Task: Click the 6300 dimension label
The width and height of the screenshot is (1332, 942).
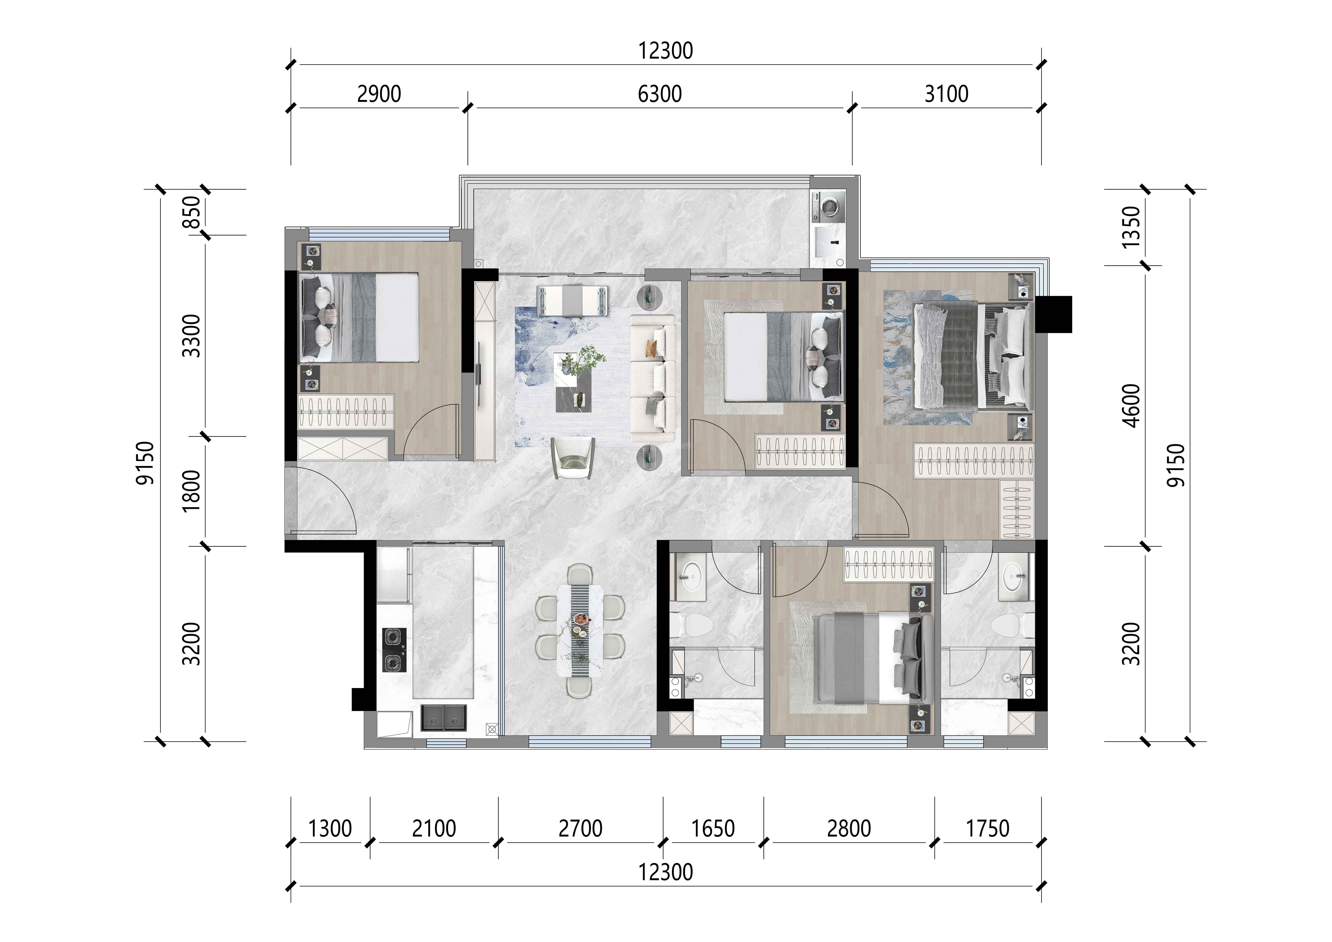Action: click(x=660, y=94)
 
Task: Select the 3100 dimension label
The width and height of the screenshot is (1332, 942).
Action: click(x=946, y=94)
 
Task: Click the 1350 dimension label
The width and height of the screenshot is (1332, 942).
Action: click(x=1131, y=227)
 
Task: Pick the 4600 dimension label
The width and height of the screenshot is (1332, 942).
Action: click(x=1131, y=406)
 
